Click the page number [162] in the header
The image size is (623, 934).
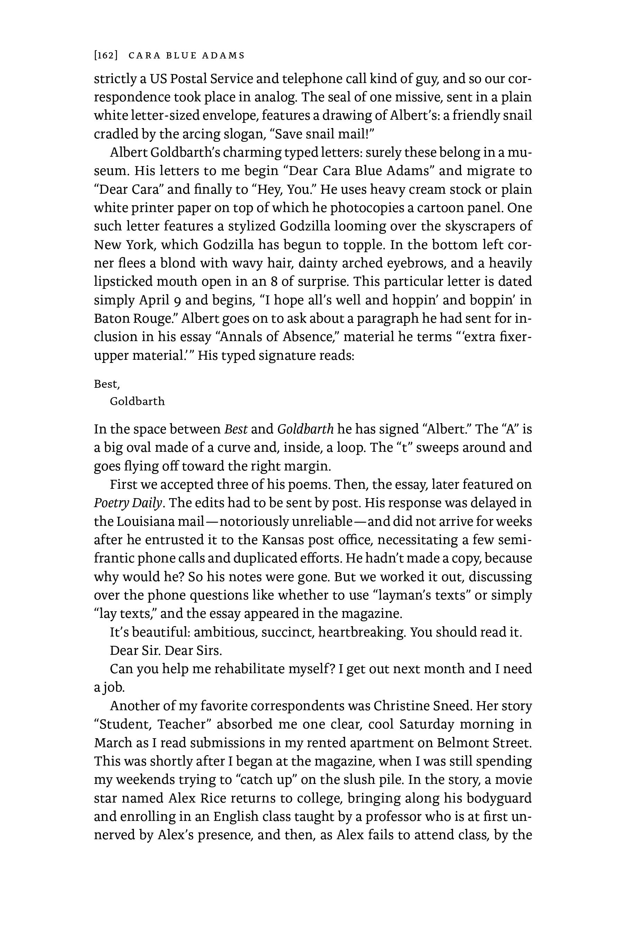point(106,56)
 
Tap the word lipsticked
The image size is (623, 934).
point(123,281)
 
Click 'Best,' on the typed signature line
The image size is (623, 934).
point(107,384)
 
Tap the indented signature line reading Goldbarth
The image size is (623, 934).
point(137,402)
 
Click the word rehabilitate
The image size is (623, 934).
point(247,669)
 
